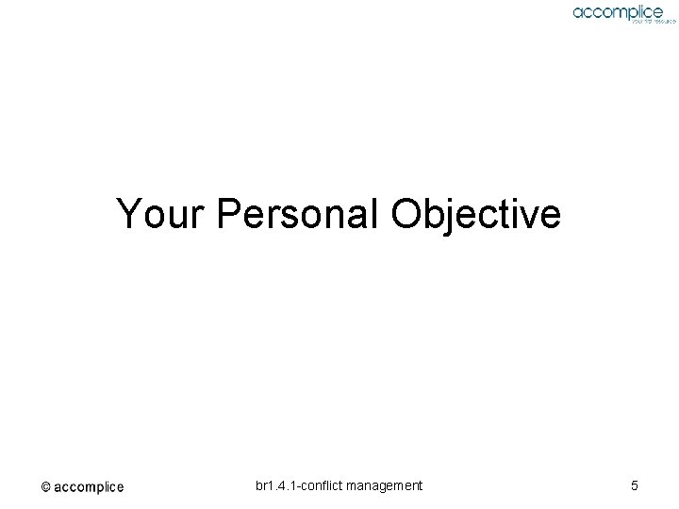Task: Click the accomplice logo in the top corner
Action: (618, 11)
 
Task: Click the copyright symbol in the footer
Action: (45, 487)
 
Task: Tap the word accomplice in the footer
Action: (89, 487)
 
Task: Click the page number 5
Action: (635, 485)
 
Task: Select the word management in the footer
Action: (386, 485)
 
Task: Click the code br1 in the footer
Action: (265, 485)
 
